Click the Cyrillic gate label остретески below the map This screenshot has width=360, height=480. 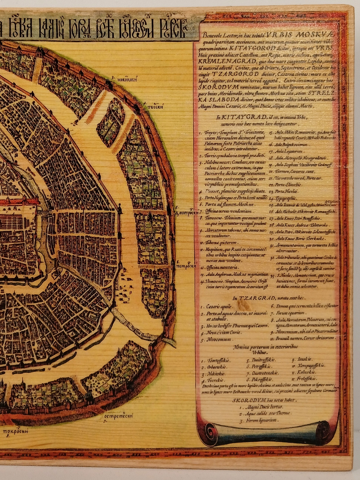point(118,416)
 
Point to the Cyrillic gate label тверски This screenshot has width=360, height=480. point(156,107)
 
